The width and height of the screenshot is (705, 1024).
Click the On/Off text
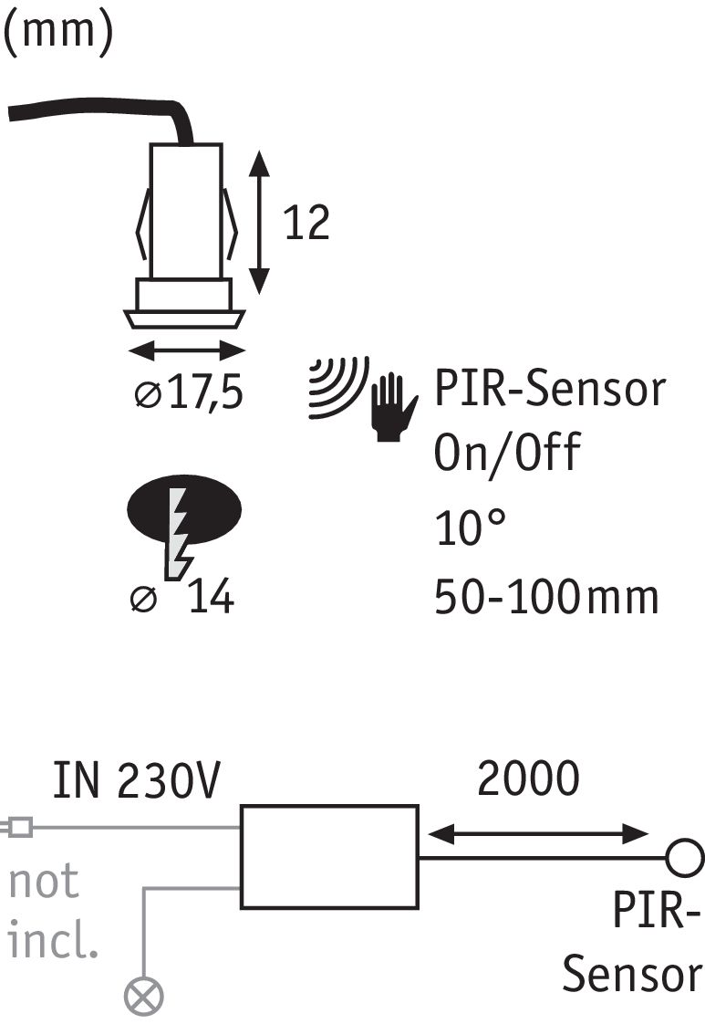(x=507, y=451)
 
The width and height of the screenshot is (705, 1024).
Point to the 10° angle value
(x=469, y=527)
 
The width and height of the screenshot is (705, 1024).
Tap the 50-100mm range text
(x=545, y=598)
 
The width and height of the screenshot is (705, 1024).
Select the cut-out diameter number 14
(x=211, y=599)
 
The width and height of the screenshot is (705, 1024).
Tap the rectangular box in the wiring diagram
(x=329, y=857)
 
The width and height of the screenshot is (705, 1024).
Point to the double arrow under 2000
(x=538, y=832)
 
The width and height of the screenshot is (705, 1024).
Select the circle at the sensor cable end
(x=685, y=858)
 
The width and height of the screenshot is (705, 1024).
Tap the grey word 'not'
(x=45, y=882)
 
